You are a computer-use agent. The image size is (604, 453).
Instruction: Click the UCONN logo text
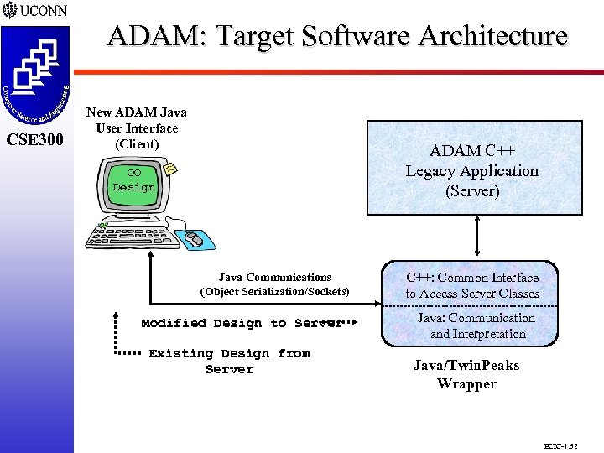pos(44,12)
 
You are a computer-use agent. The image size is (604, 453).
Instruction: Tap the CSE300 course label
pos(35,139)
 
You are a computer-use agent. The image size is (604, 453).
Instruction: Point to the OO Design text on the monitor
pos(134,181)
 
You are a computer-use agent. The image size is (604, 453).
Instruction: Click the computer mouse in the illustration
pos(194,239)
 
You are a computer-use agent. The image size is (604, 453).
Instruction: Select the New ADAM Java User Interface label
pos(137,128)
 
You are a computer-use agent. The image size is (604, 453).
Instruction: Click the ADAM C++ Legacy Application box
pos(472,171)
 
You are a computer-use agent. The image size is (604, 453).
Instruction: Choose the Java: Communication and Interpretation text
pos(476,325)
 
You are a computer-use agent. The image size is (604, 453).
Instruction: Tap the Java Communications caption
pos(274,278)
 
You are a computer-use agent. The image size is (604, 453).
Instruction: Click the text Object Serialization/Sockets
pos(274,292)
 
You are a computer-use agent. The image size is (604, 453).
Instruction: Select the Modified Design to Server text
pos(242,323)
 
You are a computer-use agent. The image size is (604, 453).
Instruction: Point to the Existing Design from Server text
pos(229,362)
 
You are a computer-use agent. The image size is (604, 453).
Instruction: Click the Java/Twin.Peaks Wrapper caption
pos(466,374)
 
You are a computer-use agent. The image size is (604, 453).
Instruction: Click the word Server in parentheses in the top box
pos(472,190)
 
